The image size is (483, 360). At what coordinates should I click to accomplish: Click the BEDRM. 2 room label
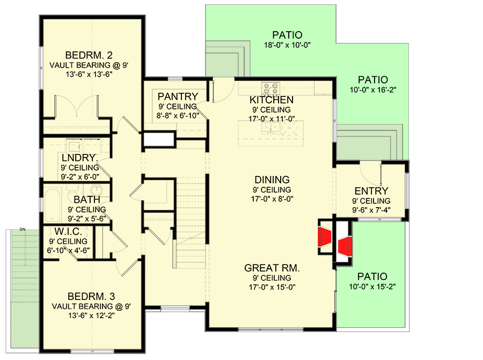(x=89, y=55)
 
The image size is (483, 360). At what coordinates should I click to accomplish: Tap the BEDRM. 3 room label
(x=91, y=297)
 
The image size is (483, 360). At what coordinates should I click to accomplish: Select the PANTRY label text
(x=178, y=97)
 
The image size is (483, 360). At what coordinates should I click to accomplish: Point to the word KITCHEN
(x=272, y=100)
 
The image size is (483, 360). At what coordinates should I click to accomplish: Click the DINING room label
(x=273, y=180)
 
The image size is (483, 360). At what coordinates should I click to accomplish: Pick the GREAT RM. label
(x=272, y=268)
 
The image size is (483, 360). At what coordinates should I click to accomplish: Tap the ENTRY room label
(x=371, y=191)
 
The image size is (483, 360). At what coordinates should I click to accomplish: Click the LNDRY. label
(x=79, y=158)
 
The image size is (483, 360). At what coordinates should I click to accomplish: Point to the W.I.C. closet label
(x=68, y=231)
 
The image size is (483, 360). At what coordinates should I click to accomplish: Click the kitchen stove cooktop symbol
(x=269, y=87)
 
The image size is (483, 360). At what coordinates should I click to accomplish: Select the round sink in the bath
(x=97, y=190)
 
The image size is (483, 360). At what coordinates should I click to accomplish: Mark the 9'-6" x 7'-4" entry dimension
(x=371, y=211)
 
